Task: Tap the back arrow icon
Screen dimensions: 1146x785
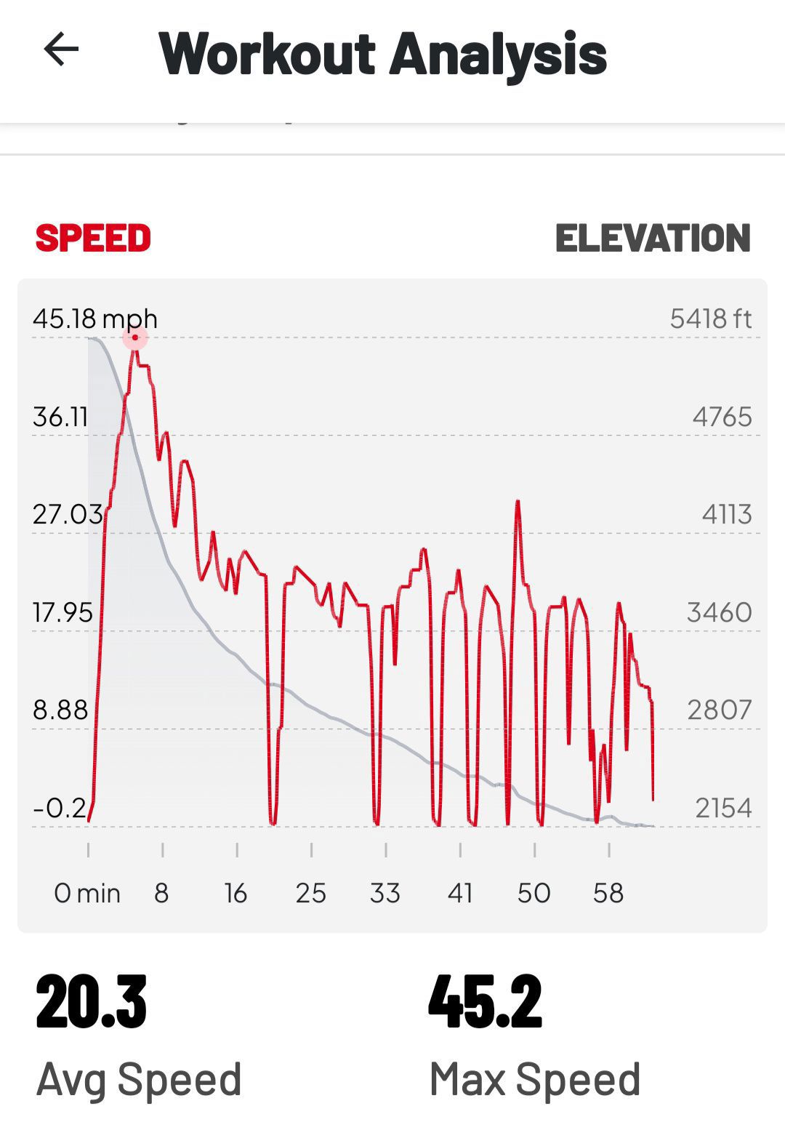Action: pos(61,49)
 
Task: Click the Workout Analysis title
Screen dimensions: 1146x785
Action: pos(382,54)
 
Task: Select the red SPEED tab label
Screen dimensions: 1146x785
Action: pos(93,239)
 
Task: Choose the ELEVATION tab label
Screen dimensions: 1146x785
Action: pos(653,239)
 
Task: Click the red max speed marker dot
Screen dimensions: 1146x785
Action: pos(135,337)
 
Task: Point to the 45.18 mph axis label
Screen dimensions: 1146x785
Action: pos(94,319)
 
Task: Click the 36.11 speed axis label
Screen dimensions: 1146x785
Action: pos(60,417)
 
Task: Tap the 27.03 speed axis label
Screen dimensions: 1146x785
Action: pos(67,515)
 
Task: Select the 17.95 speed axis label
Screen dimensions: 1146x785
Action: pos(63,613)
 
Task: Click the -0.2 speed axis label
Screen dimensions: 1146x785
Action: pos(60,808)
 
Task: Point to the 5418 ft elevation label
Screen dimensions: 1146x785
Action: pos(710,319)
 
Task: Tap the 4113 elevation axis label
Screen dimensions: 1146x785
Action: pos(726,515)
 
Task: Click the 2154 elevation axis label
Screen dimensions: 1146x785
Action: pos(723,808)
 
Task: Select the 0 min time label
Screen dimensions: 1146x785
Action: pos(87,893)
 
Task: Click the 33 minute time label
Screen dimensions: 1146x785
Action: pos(385,893)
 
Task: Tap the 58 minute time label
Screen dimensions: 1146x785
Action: pos(608,893)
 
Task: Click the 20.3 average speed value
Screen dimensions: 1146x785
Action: pos(92,1003)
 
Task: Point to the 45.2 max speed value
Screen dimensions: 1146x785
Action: pos(485,1003)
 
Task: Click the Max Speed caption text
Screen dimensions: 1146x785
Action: pos(535,1079)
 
